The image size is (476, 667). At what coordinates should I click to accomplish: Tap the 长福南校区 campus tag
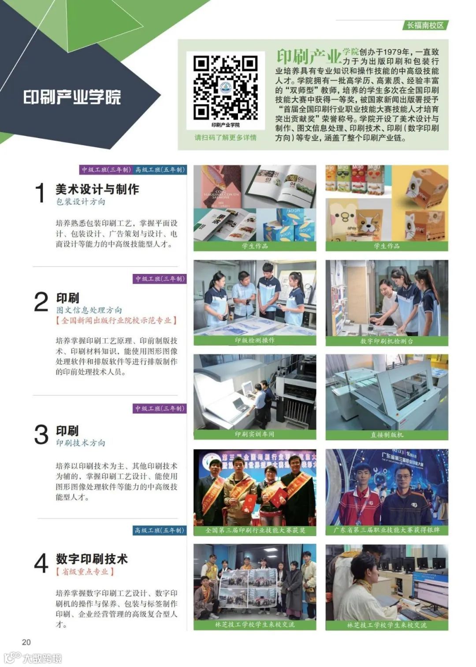point(425,25)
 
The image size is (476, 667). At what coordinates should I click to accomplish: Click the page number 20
point(26,642)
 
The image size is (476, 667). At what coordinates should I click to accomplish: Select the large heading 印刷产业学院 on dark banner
point(72,97)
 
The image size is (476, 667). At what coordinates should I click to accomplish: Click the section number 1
point(40,193)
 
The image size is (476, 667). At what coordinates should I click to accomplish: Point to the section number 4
point(41,563)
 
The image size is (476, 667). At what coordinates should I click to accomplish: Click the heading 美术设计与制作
point(97,189)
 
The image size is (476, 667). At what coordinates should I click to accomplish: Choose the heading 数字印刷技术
point(92,558)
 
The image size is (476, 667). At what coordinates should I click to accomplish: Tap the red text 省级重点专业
point(85,572)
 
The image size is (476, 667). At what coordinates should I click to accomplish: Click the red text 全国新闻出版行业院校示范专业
point(116,321)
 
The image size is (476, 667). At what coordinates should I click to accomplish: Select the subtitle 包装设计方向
point(81,202)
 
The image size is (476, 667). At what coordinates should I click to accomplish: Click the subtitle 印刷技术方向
point(81,443)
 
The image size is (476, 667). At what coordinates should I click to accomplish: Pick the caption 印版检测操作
point(255,341)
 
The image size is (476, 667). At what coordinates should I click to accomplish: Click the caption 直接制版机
point(387,435)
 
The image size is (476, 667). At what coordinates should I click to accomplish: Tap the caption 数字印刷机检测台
point(387,341)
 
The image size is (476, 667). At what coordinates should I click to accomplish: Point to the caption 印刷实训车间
point(255,435)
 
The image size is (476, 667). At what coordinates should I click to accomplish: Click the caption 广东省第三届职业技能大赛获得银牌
point(387,530)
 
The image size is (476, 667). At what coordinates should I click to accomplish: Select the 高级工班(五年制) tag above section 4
point(160,530)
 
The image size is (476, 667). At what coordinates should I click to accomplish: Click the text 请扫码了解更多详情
point(225,138)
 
